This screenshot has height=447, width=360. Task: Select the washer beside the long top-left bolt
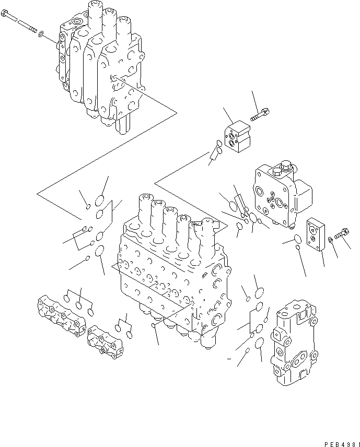[41, 37]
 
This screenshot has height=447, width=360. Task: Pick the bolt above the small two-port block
[259, 116]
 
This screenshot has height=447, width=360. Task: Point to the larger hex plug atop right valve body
[285, 167]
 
